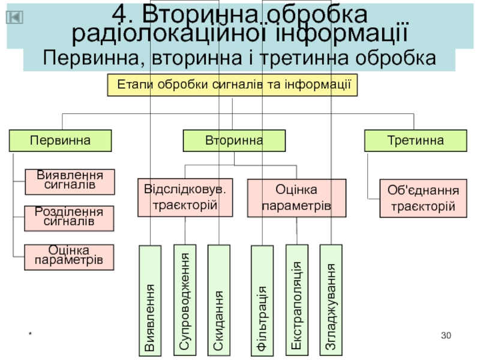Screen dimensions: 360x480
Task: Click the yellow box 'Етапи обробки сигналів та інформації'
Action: click(233, 85)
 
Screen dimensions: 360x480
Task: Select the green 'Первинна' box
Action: click(61, 141)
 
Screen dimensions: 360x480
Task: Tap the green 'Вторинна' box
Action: click(234, 141)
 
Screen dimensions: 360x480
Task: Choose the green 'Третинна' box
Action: click(416, 141)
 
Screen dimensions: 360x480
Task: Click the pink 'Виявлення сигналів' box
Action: click(70, 181)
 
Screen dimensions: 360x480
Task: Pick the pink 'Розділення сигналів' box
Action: click(70, 218)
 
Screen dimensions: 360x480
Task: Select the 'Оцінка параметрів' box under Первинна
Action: click(70, 256)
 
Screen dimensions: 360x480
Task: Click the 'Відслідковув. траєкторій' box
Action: click(185, 197)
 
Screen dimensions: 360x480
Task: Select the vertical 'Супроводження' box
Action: click(185, 298)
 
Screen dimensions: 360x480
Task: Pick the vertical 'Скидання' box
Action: click(219, 298)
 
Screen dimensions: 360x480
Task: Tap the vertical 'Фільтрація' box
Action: click(262, 301)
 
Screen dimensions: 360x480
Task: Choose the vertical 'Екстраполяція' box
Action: click(296, 298)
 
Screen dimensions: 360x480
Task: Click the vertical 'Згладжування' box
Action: click(331, 298)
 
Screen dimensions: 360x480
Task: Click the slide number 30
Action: click(445, 335)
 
